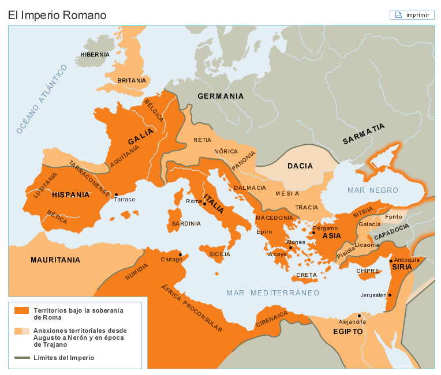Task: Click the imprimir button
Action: tap(412, 15)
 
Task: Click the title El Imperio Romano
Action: tap(57, 15)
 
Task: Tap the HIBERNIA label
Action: tap(95, 55)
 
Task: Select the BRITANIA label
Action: tap(132, 81)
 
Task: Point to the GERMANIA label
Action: tap(220, 96)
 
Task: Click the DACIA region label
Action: tap(300, 166)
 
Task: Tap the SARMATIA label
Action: tap(363, 134)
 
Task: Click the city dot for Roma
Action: tap(204, 204)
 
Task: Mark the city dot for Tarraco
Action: tap(116, 194)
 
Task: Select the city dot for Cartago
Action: tap(180, 254)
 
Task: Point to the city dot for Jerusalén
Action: tap(390, 295)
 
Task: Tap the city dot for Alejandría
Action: tap(359, 316)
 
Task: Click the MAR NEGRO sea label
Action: tap(373, 190)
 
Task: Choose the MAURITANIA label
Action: tap(55, 260)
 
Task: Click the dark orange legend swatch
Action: tap(21, 310)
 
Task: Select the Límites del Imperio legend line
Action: tap(21, 358)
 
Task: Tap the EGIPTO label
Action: tap(347, 332)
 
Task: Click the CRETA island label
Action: tap(307, 275)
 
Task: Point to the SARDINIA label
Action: tap(186, 223)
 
